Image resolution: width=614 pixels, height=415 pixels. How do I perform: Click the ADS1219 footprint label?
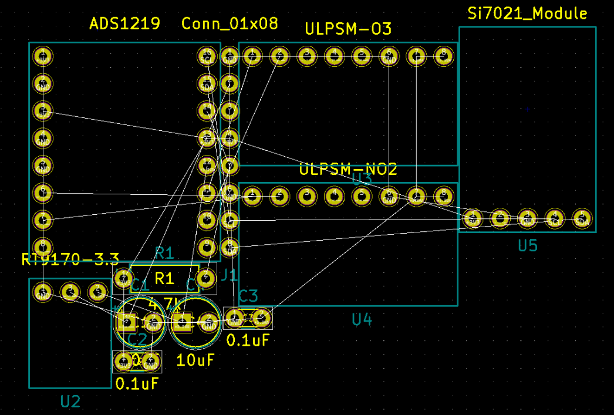pyautogui.click(x=124, y=24)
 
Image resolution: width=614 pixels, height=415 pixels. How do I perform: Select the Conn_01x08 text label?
pyautogui.click(x=230, y=24)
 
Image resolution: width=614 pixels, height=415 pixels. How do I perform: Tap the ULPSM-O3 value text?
pyautogui.click(x=348, y=29)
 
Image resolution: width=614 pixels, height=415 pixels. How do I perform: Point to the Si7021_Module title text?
pyautogui.click(x=527, y=14)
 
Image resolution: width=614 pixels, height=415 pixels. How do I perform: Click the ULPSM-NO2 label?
pyautogui.click(x=348, y=170)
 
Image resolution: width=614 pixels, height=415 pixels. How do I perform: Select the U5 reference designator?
pyautogui.click(x=527, y=246)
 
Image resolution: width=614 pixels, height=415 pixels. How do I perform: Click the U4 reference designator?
pyautogui.click(x=362, y=320)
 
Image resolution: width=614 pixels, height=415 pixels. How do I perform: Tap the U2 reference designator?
pyautogui.click(x=70, y=401)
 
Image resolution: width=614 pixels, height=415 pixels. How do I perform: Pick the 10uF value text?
pyautogui.click(x=195, y=360)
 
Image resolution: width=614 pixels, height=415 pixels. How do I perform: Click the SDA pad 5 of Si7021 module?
pyautogui.click(x=581, y=218)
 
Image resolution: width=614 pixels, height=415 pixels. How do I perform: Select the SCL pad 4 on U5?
pyautogui.click(x=554, y=218)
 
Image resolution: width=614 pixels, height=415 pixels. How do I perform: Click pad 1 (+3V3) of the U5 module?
pyautogui.click(x=472, y=218)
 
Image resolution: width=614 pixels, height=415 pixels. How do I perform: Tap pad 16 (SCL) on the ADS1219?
pyautogui.click(x=206, y=56)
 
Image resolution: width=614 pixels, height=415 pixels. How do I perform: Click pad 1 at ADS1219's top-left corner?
pyautogui.click(x=42, y=56)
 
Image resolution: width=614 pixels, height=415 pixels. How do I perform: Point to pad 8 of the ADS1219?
pyautogui.click(x=42, y=246)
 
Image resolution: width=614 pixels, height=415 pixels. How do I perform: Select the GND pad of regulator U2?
pyautogui.click(x=42, y=292)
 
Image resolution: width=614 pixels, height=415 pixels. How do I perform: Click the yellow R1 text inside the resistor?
pyautogui.click(x=165, y=278)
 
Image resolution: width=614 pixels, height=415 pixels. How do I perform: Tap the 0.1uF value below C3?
pyautogui.click(x=248, y=340)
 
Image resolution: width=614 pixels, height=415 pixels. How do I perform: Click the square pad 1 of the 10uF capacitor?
pyautogui.click(x=181, y=320)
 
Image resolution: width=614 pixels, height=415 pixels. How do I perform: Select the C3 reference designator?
pyautogui.click(x=248, y=296)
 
